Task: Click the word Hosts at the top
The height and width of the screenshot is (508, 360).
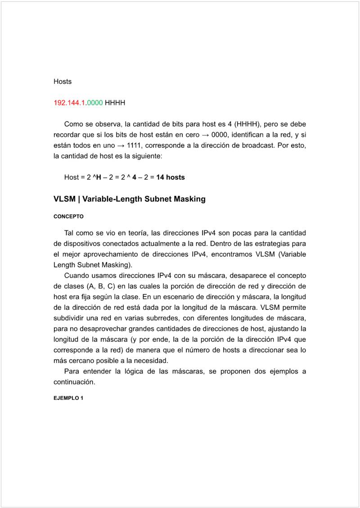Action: click(x=63, y=82)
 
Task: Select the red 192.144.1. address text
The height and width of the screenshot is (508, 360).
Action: click(x=70, y=103)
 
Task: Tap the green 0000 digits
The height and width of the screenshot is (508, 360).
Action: click(x=94, y=103)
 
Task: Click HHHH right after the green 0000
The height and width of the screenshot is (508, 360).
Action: click(x=115, y=103)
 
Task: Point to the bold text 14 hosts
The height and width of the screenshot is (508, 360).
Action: click(x=171, y=177)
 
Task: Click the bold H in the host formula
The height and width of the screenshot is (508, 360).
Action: click(x=99, y=177)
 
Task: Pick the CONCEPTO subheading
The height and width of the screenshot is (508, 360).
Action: click(x=68, y=217)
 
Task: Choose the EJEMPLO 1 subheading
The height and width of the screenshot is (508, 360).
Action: click(x=68, y=399)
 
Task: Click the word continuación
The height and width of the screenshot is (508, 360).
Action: click(x=74, y=382)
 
